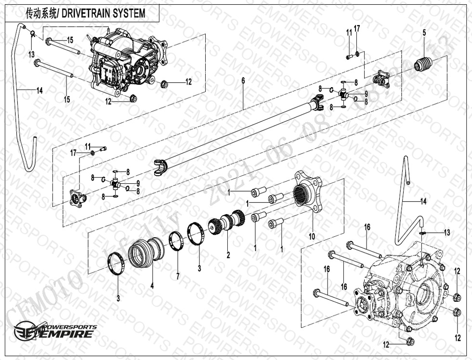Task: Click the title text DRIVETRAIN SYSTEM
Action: pos(110,13)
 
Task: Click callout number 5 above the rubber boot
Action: pos(424,33)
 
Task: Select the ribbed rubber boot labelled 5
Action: pos(424,64)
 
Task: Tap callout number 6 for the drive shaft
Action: pos(243,80)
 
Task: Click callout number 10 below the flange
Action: pos(312,236)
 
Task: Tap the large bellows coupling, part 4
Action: pos(146,252)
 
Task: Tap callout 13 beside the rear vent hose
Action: pos(447,232)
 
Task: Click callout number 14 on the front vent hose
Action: pos(39,90)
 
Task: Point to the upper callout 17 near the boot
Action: pos(357,29)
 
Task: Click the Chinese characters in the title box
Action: pos(41,13)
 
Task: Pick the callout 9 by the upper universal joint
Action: pos(366,93)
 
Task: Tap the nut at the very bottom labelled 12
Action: pos(410,342)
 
